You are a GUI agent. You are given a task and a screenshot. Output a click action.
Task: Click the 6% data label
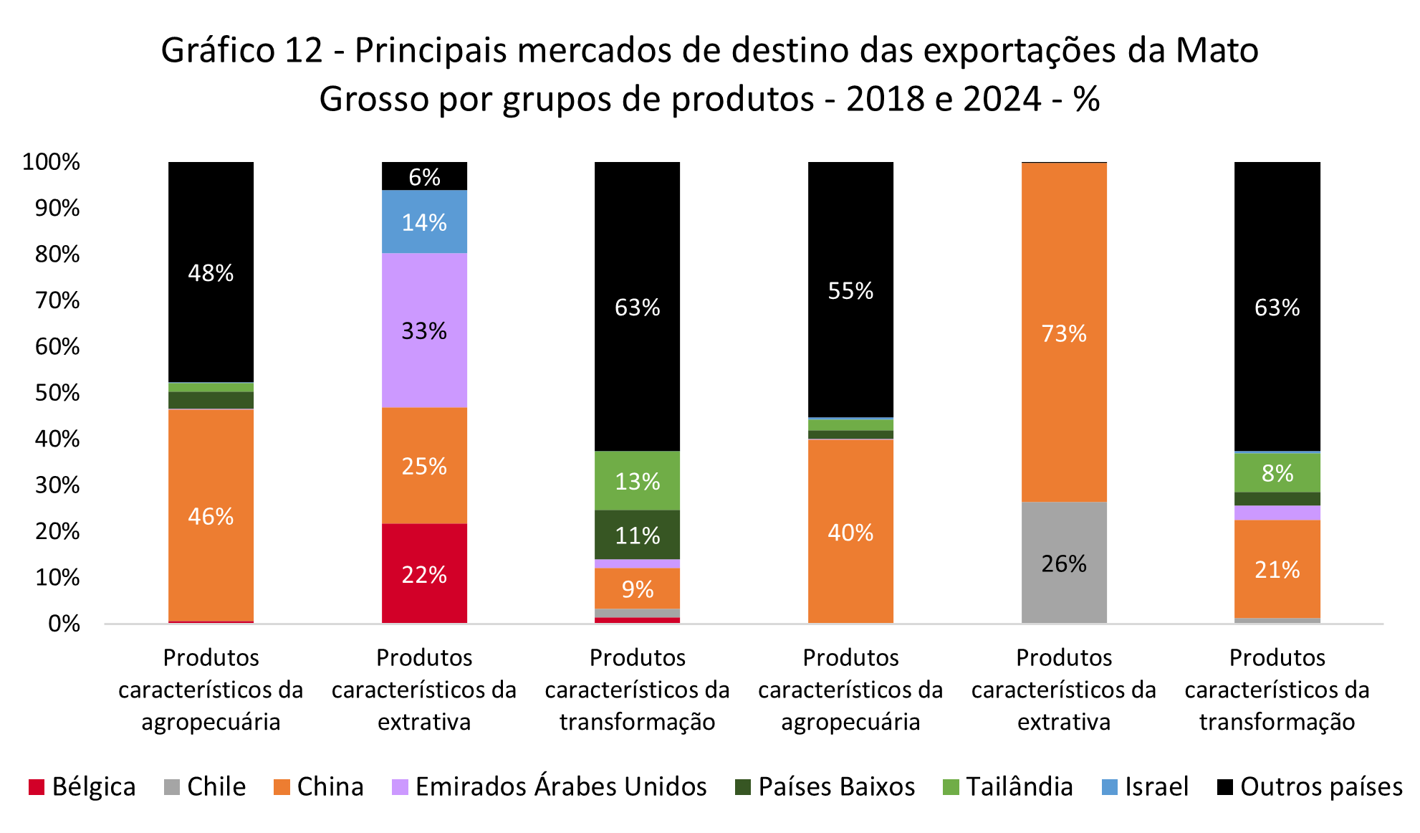[x=424, y=177]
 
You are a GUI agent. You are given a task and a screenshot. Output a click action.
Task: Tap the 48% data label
[x=211, y=273]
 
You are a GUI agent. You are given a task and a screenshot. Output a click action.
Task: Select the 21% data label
[x=1277, y=570]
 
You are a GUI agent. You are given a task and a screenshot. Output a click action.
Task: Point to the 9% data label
[x=637, y=589]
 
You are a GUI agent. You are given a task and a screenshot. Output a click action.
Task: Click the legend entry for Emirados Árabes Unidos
[x=560, y=787]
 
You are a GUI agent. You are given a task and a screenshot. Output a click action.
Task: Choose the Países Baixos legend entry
[x=836, y=787]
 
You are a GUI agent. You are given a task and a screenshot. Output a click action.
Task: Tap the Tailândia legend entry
[x=1019, y=787]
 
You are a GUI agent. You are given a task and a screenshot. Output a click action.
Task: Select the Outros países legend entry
[x=1320, y=787]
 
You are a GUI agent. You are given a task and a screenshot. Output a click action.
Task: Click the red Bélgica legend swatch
[x=37, y=787]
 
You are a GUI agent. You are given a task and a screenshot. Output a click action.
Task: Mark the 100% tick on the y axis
[x=52, y=162]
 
